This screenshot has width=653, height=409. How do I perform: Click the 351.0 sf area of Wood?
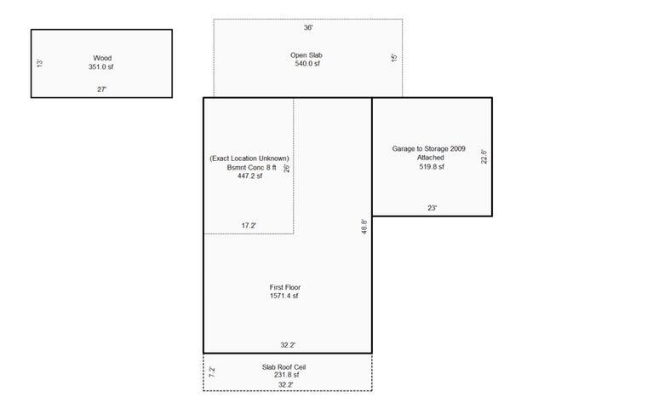[101, 66]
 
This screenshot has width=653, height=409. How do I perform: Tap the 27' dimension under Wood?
[101, 89]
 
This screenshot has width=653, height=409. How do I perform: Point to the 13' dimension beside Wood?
[40, 63]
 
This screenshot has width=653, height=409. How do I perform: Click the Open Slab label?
[306, 55]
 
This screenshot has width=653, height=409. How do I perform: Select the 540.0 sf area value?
[306, 64]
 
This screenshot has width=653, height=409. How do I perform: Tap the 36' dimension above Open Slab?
[308, 27]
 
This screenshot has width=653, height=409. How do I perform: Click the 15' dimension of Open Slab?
[394, 58]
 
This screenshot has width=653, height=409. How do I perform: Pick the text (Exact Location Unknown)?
[249, 158]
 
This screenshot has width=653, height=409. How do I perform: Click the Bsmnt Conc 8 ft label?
[249, 167]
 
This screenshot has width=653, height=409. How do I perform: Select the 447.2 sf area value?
[249, 176]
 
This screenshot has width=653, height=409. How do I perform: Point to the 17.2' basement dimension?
[249, 226]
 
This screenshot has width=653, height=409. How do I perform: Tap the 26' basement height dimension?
[287, 168]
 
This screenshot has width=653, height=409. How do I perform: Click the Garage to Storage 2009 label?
[429, 148]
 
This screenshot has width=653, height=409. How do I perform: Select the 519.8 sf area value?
[430, 167]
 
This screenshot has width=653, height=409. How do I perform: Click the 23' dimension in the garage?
[432, 208]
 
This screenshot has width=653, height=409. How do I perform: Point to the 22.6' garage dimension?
[484, 157]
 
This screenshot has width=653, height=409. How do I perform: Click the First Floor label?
[285, 287]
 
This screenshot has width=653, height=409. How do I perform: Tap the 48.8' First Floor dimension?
[364, 228]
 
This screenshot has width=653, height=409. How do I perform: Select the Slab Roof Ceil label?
[285, 367]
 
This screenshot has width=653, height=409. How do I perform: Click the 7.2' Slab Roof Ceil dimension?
[212, 372]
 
